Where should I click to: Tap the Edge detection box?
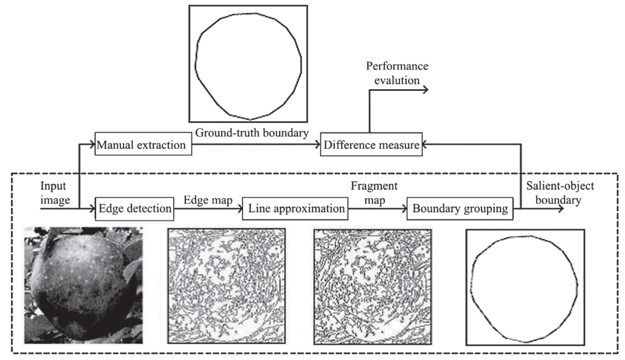pyautogui.click(x=134, y=207)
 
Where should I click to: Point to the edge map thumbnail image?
pyautogui.click(x=226, y=285)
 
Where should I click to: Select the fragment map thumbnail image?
pyautogui.click(x=372, y=285)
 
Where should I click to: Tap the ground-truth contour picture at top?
pyautogui.click(x=248, y=64)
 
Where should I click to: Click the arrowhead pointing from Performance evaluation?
pyautogui.click(x=425, y=89)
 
